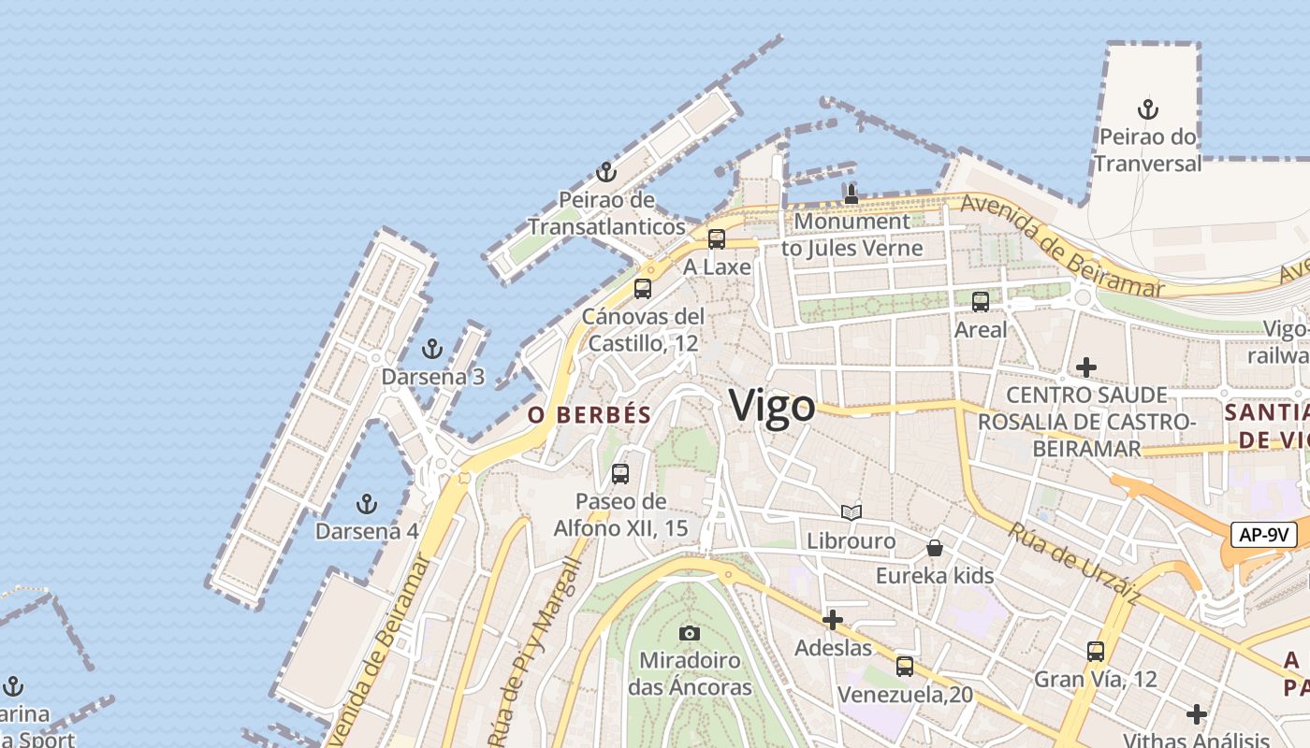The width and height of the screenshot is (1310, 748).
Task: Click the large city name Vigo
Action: [772, 407]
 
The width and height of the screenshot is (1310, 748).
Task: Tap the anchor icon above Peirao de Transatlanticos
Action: [606, 172]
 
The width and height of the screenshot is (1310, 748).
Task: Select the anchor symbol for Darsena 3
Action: [431, 350]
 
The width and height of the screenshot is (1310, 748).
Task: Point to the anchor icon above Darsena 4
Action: [367, 504]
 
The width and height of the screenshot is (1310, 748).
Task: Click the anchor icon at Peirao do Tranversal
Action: [1147, 109]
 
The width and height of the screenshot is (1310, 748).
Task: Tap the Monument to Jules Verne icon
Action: [851, 194]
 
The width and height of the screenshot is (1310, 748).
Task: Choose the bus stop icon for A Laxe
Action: [717, 239]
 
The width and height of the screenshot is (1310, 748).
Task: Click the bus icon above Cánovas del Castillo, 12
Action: [642, 289]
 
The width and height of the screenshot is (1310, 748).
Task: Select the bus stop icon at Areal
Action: [981, 302]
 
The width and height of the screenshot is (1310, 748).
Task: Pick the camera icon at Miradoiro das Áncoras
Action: [690, 633]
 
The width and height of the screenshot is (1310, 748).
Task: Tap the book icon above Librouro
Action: [851, 512]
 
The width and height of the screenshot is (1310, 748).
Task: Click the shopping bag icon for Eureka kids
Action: [934, 548]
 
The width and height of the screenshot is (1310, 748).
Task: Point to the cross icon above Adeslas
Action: [833, 620]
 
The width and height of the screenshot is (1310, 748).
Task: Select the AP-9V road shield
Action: [1263, 535]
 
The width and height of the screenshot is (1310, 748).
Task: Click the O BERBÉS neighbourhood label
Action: [589, 415]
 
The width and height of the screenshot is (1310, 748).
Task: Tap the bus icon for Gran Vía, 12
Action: [1096, 652]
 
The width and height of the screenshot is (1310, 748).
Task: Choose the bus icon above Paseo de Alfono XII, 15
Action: [620, 474]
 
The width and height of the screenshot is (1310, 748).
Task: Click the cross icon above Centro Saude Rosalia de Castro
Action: [1085, 367]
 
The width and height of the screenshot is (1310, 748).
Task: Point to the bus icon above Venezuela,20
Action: [904, 667]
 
